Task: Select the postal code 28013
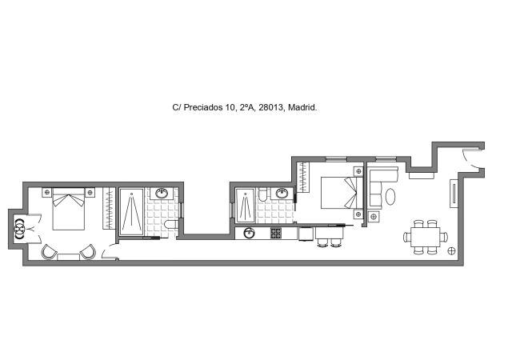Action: point(270,107)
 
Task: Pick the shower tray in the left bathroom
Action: point(131,212)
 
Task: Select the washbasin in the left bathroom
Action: point(162,193)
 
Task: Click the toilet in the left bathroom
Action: point(166,228)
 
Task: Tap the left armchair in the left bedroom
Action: point(50,252)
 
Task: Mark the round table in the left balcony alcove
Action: point(18,229)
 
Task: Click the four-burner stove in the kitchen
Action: point(276,234)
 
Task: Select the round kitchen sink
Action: point(249,234)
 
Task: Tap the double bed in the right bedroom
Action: point(340,192)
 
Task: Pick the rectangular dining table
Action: point(424,236)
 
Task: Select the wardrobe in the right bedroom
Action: point(303,177)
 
